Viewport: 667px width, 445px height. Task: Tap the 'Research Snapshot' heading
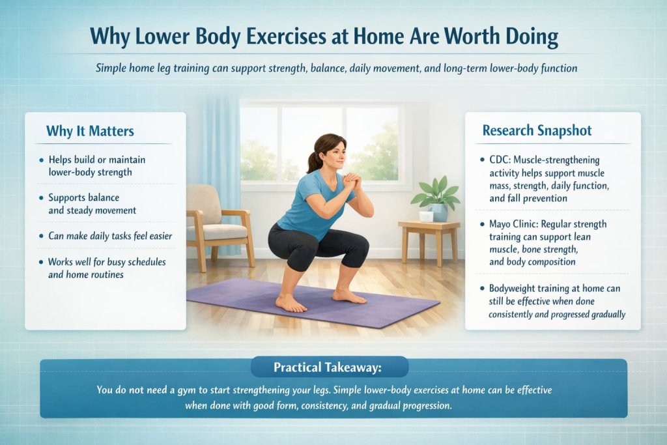tap(537, 131)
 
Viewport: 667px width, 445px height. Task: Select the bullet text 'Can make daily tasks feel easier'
tap(110, 236)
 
